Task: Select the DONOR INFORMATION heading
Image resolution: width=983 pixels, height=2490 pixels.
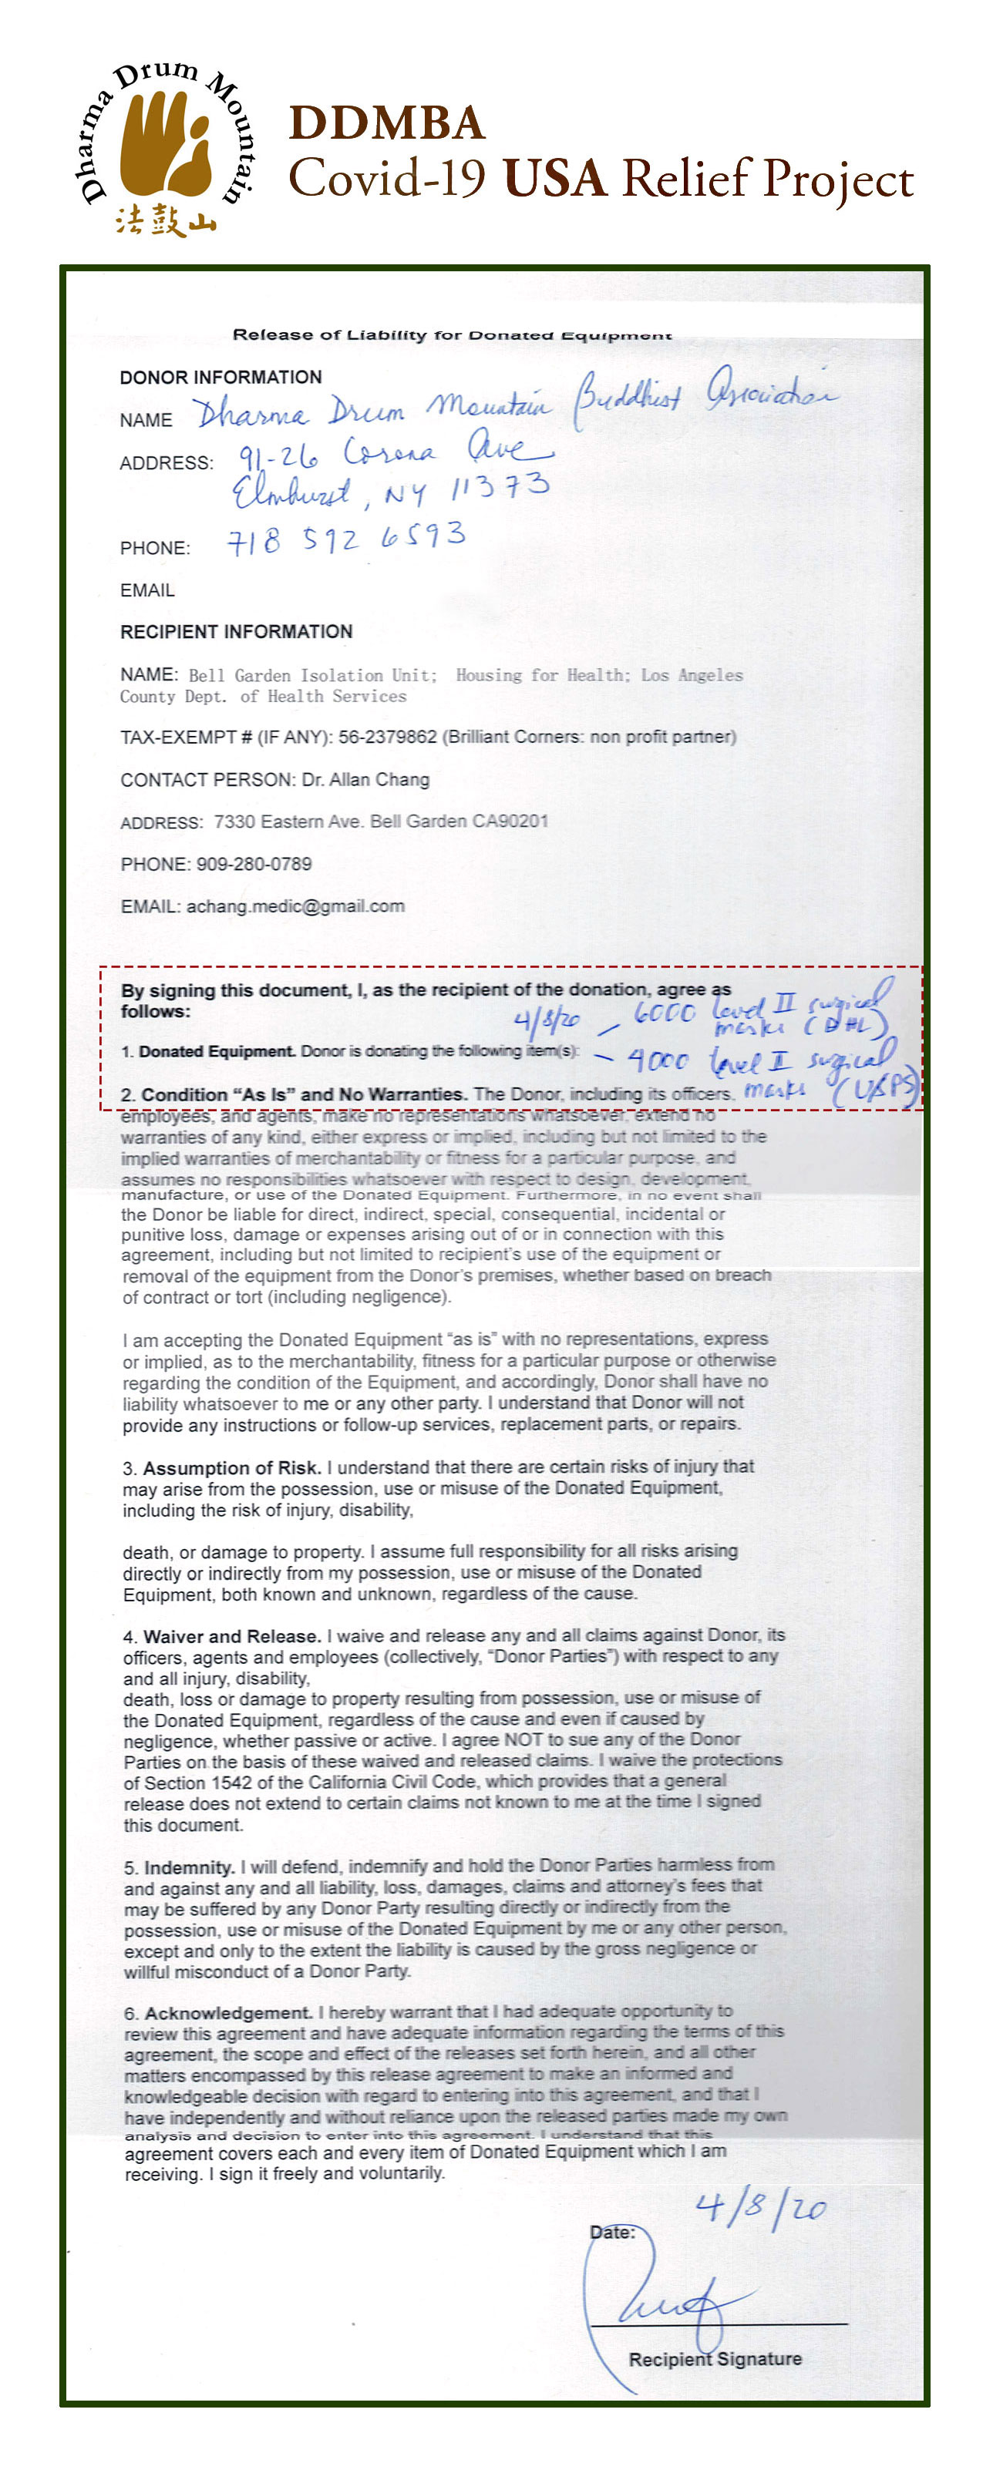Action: click(x=221, y=377)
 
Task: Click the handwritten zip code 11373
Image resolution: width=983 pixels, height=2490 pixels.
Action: click(x=500, y=487)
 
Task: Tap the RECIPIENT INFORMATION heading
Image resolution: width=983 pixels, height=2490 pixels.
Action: click(x=236, y=631)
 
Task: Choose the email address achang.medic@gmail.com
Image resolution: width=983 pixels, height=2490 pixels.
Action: click(x=295, y=906)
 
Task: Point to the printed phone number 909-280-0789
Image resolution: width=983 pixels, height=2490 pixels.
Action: click(x=253, y=863)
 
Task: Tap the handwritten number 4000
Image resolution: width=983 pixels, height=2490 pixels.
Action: click(x=658, y=1060)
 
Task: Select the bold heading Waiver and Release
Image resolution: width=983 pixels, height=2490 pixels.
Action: click(x=231, y=1635)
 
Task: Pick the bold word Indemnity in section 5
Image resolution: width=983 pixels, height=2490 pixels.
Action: click(x=188, y=1867)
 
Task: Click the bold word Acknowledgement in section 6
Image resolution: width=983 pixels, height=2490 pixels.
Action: click(x=228, y=2012)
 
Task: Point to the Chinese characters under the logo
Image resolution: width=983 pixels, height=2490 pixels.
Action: click(x=165, y=220)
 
